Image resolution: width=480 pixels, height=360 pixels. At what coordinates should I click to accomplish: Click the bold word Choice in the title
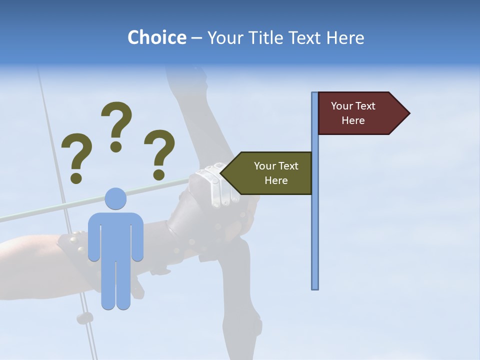(x=156, y=38)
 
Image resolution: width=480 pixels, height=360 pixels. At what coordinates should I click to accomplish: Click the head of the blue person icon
(x=115, y=198)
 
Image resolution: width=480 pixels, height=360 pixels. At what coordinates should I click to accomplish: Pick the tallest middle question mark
(x=116, y=120)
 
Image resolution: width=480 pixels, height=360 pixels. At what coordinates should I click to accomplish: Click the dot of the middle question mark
(x=116, y=146)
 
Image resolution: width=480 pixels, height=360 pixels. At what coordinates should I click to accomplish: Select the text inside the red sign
(x=353, y=113)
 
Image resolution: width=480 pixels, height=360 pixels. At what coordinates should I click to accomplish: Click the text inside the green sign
(x=276, y=173)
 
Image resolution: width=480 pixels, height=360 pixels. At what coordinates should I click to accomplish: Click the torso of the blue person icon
(x=115, y=235)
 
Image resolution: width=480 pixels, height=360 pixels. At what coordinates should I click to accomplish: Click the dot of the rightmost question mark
(x=159, y=174)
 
